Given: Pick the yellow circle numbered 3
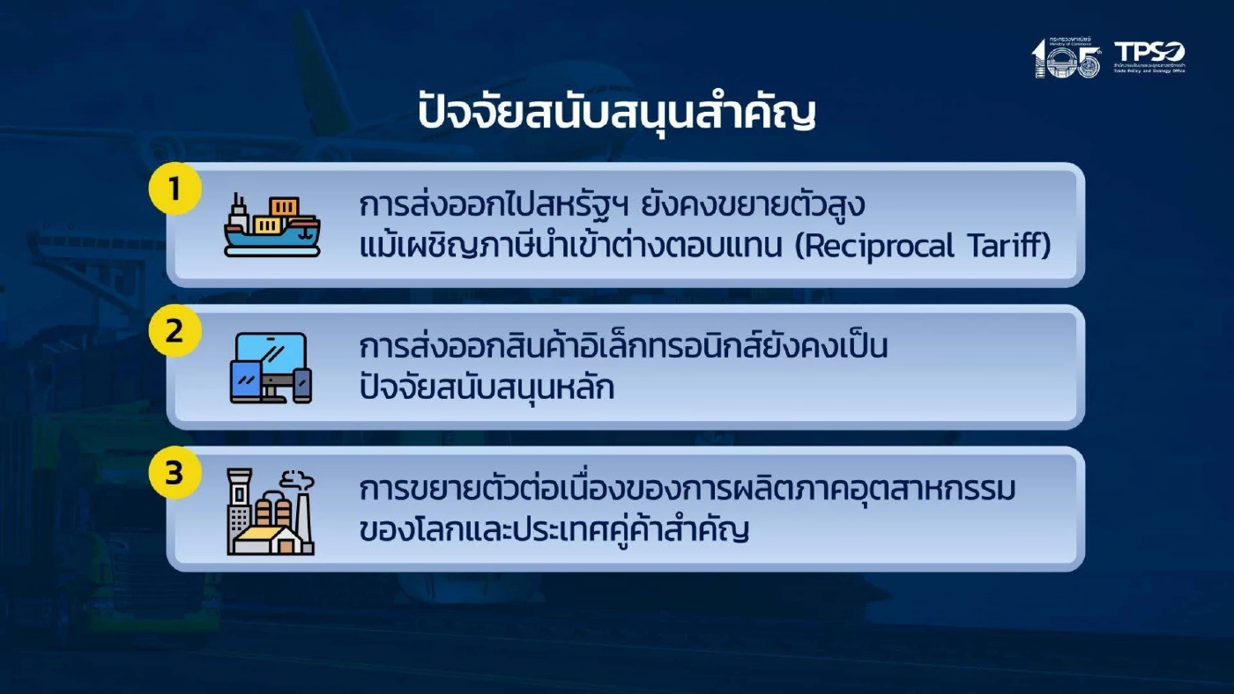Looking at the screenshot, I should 175,473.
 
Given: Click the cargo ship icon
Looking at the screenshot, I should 271,225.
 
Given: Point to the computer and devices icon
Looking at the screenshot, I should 271,367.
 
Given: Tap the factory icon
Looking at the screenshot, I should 271,512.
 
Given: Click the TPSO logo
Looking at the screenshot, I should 1149,56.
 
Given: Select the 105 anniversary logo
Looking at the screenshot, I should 1067,58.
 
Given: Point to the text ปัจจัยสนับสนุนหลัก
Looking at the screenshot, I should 487,388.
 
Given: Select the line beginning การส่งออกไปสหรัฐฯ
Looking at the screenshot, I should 613,206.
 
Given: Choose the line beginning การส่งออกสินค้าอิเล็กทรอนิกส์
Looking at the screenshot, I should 623,347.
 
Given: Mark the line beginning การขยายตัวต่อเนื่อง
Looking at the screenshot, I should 688,490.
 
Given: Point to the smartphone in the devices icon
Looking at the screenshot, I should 302,386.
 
